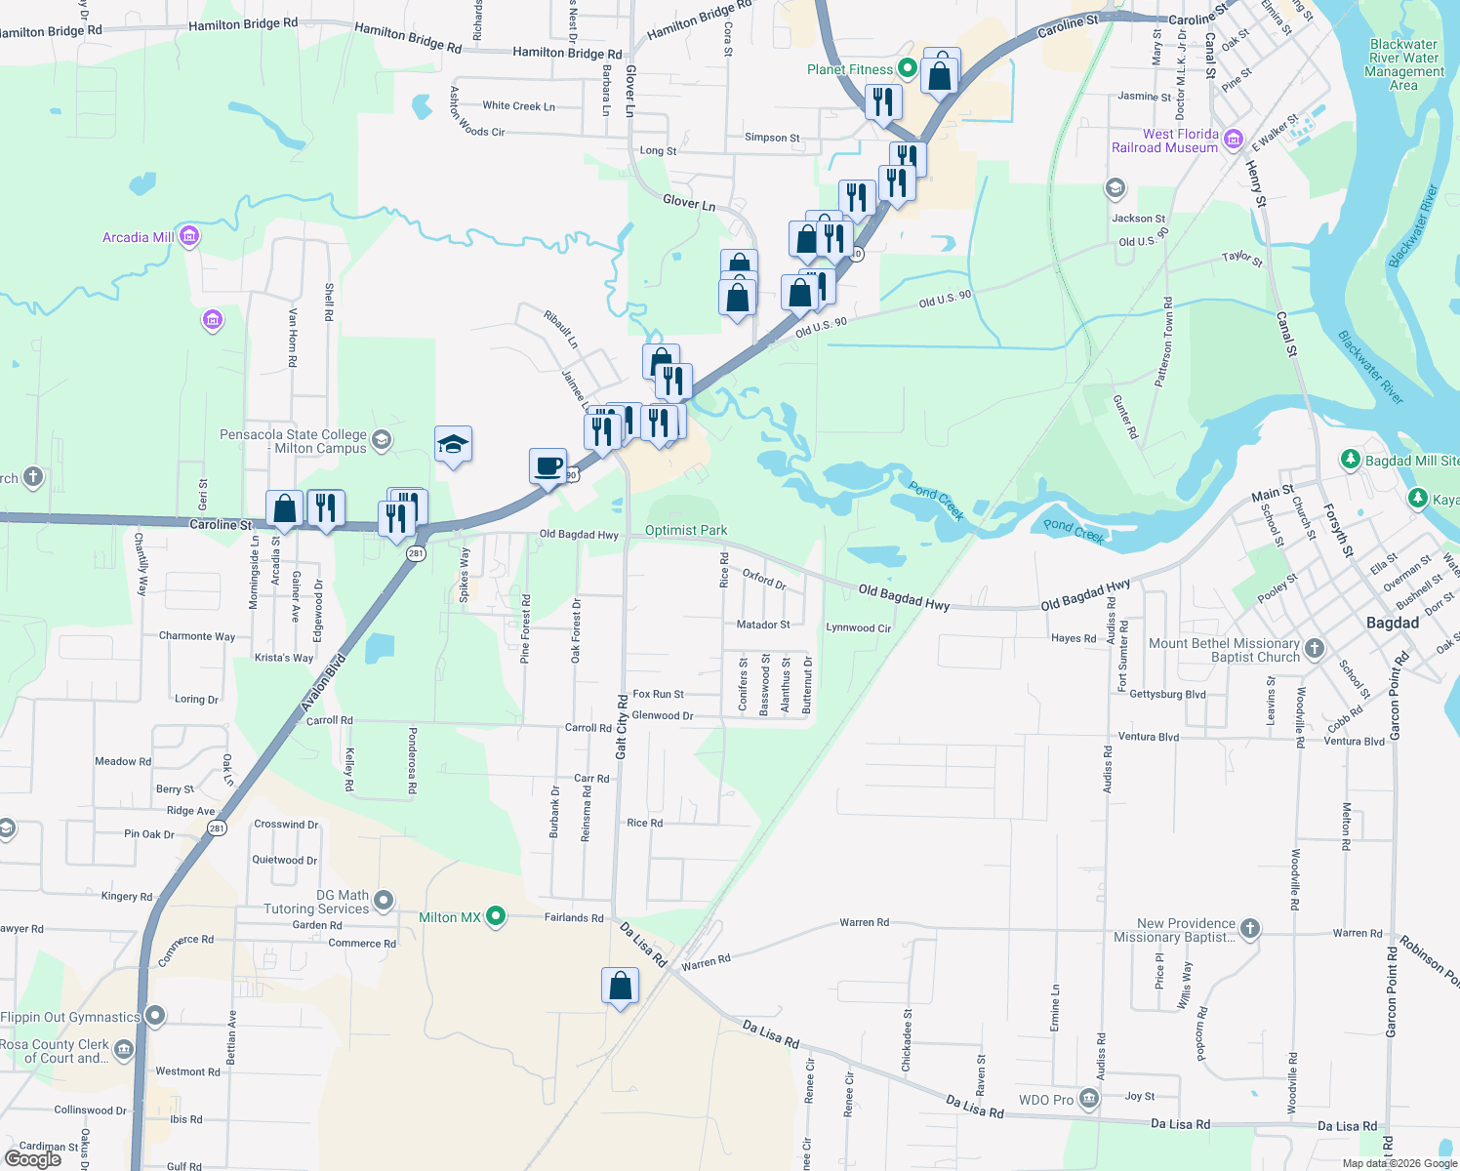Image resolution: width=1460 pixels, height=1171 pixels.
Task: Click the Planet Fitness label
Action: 850,69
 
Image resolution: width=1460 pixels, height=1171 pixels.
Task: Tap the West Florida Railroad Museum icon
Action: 1233,140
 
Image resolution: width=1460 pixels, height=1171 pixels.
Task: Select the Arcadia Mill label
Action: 139,237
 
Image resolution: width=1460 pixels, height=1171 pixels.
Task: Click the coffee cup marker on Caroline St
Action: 548,465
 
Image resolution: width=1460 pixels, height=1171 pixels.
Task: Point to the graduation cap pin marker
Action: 453,445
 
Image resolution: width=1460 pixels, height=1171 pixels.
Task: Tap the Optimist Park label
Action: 686,530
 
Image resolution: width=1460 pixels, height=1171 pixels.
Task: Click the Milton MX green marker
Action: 496,916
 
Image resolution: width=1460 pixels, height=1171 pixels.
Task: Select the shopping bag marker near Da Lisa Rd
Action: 621,988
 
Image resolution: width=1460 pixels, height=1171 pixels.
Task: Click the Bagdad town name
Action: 1392,623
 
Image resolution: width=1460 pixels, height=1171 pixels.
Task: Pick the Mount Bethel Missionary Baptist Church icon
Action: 1315,649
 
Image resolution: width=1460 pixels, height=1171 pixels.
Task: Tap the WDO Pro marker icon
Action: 1089,1100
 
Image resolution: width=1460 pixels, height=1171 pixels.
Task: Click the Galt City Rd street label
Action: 622,727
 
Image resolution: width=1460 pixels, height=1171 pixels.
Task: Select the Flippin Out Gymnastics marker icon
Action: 154,1016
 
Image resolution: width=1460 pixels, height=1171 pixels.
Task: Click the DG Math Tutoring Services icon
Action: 384,900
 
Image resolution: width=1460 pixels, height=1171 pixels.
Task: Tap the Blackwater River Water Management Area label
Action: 1403,64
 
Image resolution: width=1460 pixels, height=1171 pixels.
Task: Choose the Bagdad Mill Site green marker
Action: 1350,460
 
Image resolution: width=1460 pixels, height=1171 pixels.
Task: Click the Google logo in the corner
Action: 33,1158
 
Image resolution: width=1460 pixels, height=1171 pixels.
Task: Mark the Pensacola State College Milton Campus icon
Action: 382,441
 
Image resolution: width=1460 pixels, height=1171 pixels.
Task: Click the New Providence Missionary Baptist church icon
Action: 1250,929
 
